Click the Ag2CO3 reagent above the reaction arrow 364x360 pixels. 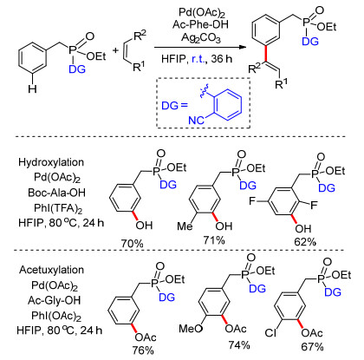(201, 37)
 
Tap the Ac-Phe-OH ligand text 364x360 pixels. (200, 24)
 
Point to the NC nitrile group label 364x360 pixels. (196, 120)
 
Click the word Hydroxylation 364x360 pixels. (51, 162)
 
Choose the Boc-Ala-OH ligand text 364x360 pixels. (57, 193)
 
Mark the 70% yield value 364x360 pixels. (132, 244)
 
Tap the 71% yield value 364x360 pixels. (213, 240)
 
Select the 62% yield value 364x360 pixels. (304, 241)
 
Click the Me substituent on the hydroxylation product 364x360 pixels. (185, 226)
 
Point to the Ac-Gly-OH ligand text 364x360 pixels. (55, 300)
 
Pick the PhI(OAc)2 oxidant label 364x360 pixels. (56, 316)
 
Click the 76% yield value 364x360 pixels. (143, 350)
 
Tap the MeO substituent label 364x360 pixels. (191, 329)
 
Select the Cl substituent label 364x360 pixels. (270, 333)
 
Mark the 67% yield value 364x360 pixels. (312, 346)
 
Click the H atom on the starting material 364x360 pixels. (32, 88)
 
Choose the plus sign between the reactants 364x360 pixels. (115, 50)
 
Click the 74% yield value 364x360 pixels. (239, 344)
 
